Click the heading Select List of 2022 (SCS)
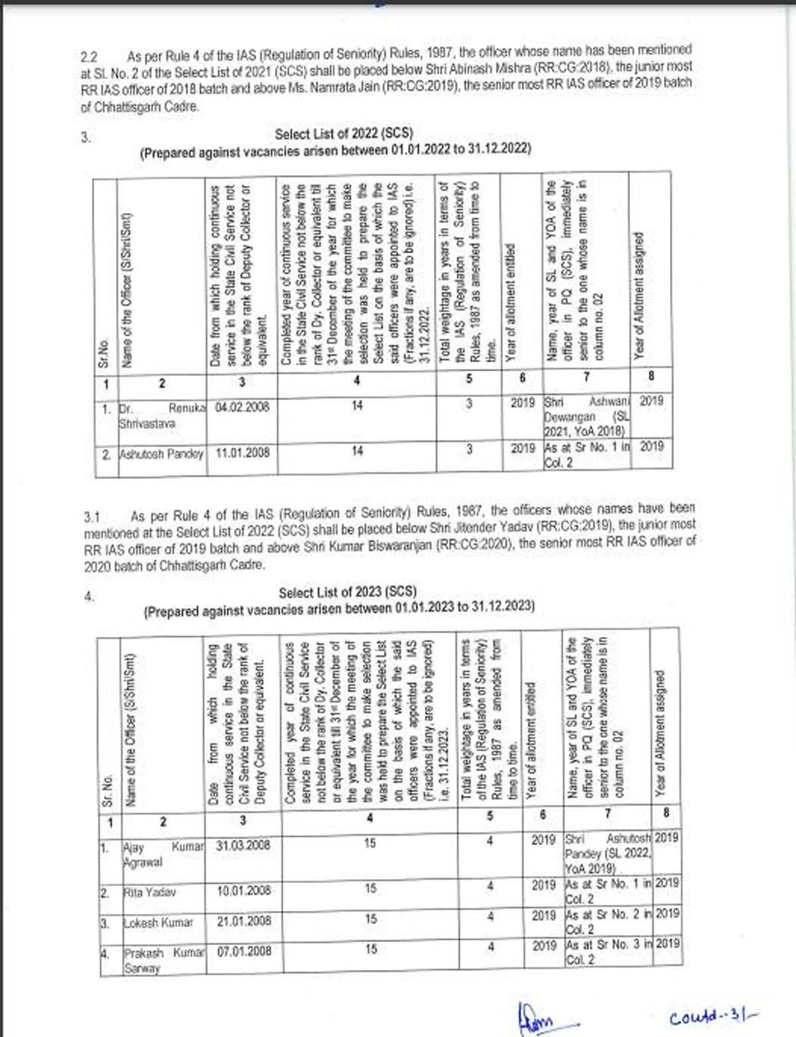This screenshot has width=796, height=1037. pos(344,133)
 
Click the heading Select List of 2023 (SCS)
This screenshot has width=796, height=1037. pos(347,592)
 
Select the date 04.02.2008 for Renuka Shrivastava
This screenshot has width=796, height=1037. pos(242,407)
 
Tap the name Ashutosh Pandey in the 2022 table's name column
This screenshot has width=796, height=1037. pos(161,454)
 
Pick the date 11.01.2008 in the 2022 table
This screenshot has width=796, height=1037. pos(242,452)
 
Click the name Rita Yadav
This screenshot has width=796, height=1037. pos(150,892)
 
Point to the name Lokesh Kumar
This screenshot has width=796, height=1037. pos(159,923)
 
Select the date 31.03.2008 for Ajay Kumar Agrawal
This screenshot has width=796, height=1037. pos(243,845)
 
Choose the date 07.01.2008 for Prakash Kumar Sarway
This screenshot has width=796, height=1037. pos(244,951)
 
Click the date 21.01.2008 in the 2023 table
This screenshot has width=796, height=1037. pos(244,921)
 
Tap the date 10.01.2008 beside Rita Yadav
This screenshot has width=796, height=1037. pos(244,890)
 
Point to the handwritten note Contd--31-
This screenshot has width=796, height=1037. pos(713,1016)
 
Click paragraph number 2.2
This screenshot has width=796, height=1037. pos(89,58)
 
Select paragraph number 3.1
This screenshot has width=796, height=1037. pos(92,517)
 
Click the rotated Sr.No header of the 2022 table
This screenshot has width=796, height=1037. pos(103,355)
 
